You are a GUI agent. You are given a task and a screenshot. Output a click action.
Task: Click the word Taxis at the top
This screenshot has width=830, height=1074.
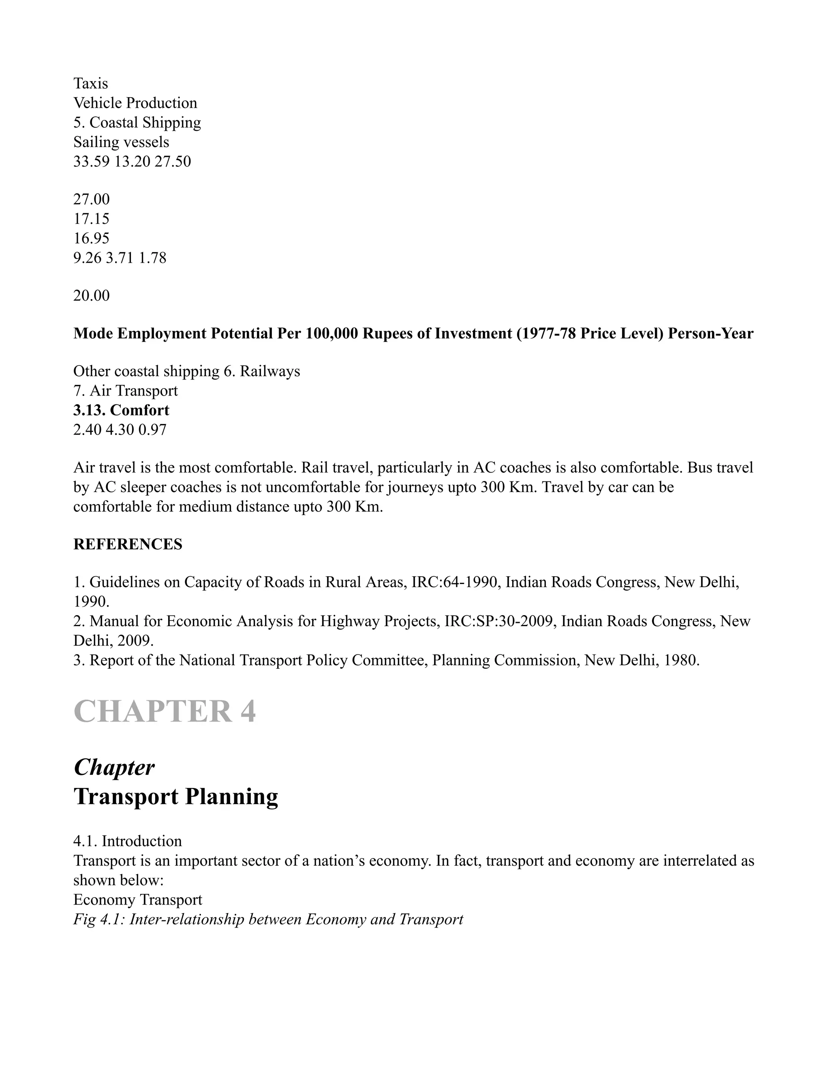[90, 83]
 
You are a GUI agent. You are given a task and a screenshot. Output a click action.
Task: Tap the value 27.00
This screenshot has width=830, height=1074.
[92, 200]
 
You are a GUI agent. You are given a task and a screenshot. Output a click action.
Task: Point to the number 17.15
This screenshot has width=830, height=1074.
[92, 219]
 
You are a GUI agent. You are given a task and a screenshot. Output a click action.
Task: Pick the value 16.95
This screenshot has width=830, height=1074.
[92, 238]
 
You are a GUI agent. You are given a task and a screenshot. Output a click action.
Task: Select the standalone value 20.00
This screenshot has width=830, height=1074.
[92, 296]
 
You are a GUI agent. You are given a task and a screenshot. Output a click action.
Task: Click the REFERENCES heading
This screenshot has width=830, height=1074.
[128, 544]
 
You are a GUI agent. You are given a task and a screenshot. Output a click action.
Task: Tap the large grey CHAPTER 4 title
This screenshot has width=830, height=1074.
[165, 712]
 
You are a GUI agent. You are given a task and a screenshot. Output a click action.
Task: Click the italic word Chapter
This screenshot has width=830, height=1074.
[114, 768]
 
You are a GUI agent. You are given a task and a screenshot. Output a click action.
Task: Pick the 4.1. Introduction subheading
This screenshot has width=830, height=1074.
[127, 841]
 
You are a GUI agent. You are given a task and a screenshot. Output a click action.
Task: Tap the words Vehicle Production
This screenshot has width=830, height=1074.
[135, 103]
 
